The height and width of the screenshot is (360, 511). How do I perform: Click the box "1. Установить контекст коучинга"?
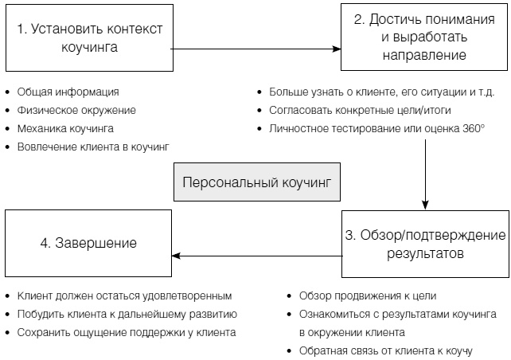(88, 38)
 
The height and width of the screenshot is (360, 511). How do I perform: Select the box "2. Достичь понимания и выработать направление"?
(423, 37)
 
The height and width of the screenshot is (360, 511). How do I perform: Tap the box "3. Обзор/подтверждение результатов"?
(424, 245)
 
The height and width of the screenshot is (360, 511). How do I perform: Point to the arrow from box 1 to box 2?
(255, 49)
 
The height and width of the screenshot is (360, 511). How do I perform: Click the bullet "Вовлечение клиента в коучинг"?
(92, 147)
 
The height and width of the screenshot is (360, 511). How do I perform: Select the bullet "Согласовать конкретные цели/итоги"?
(356, 110)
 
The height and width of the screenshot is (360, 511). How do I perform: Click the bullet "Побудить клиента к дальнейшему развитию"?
(126, 314)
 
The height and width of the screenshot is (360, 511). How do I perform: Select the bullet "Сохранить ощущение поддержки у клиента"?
(126, 332)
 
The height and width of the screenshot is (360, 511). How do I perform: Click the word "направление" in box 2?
(424, 56)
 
